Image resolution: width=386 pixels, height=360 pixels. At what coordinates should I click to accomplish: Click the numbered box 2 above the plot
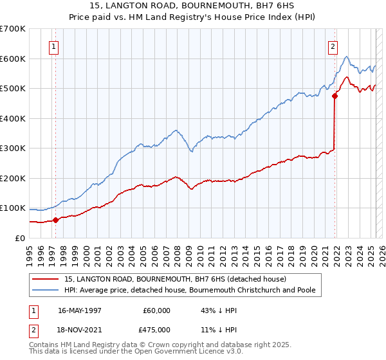click(333, 46)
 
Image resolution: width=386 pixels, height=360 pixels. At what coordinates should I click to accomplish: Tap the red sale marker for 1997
click(55, 220)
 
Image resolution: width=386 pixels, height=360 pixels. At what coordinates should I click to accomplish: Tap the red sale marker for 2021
click(335, 96)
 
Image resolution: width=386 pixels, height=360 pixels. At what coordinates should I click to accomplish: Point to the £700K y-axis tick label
click(13, 29)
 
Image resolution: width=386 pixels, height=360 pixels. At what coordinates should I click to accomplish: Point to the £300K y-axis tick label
click(13, 148)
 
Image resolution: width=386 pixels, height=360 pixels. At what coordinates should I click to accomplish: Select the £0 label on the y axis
click(21, 238)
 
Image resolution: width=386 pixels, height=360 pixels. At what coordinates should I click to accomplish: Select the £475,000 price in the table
click(157, 330)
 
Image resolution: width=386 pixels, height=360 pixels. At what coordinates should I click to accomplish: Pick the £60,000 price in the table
click(157, 310)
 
